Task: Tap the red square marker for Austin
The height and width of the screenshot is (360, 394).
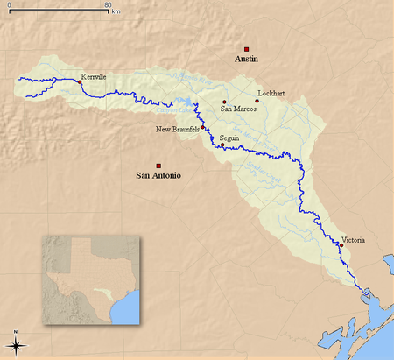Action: tap(247, 49)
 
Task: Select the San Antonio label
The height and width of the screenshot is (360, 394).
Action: tap(158, 175)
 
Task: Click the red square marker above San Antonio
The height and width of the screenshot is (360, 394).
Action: tap(158, 166)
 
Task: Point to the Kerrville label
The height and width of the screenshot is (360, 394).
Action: tap(93, 77)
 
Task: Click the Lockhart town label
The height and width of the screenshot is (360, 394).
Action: tap(271, 92)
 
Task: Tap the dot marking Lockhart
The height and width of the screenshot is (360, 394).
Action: tap(257, 101)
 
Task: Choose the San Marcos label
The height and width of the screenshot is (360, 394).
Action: tap(237, 109)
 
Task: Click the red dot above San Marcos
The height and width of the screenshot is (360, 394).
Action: tap(225, 102)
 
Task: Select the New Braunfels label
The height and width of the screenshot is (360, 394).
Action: tap(177, 130)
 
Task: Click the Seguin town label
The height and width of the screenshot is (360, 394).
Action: tap(229, 138)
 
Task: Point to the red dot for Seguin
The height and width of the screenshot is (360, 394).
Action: tap(222, 145)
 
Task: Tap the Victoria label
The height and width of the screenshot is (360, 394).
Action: tap(353, 239)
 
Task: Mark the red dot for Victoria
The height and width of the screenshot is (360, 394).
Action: tap(341, 246)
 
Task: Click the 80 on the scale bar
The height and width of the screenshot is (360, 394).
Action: tap(107, 6)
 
